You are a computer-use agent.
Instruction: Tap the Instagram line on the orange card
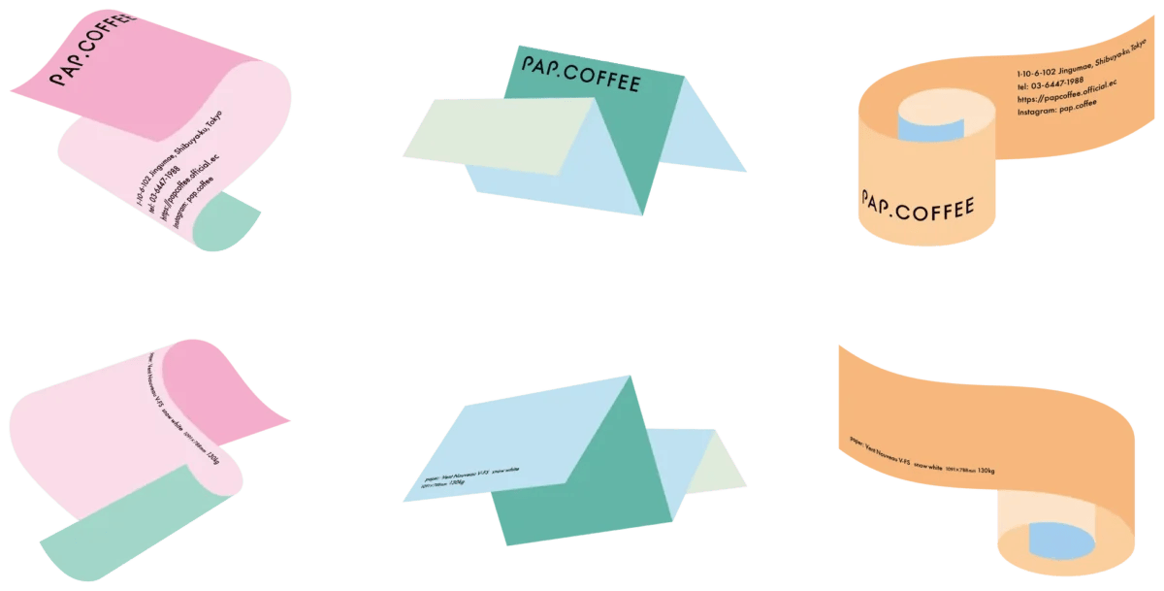pyautogui.click(x=1057, y=108)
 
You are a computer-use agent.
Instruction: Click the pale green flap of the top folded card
pyautogui.click(x=495, y=135)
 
